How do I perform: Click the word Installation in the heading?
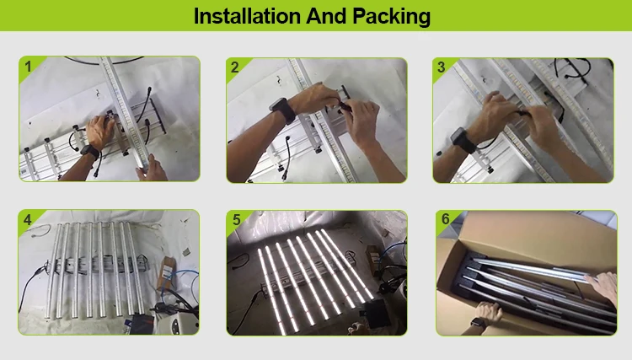click(x=247, y=16)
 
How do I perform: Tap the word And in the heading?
click(x=326, y=16)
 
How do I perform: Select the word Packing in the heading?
click(x=391, y=17)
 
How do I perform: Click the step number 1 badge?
click(x=28, y=66)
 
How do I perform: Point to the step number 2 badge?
click(x=235, y=67)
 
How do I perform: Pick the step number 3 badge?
click(x=442, y=67)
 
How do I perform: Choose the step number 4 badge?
click(x=28, y=220)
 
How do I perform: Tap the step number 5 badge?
click(x=236, y=220)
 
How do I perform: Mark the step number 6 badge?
click(x=446, y=219)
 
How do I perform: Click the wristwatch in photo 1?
click(x=90, y=152)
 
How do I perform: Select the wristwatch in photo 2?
click(x=283, y=109)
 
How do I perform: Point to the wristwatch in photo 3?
click(x=464, y=139)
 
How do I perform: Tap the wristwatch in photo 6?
click(x=478, y=322)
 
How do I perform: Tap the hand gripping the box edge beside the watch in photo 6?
click(x=488, y=312)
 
